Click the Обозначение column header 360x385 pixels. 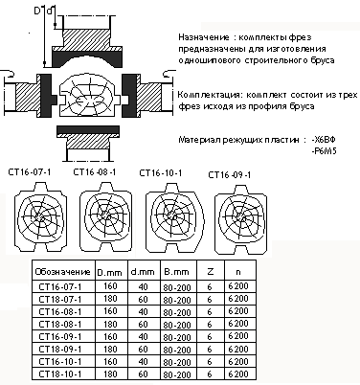click(62, 272)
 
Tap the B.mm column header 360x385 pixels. click(176, 272)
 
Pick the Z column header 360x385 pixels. click(210, 272)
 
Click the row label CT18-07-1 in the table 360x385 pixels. click(60, 299)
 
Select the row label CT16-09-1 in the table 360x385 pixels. click(60, 336)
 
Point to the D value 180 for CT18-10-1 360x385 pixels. click(110, 374)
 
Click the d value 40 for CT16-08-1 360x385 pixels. click(144, 311)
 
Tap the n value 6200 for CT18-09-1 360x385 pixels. click(238, 349)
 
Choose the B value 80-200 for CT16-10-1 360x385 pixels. click(177, 362)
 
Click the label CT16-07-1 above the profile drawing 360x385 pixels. click(30, 172)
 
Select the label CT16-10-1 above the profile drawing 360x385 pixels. click(161, 172)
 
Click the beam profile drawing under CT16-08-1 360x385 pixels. click(105, 216)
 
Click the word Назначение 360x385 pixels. click(204, 37)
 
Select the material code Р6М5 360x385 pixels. click(325, 150)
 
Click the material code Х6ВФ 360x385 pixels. click(325, 140)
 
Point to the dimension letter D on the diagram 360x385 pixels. click(38, 11)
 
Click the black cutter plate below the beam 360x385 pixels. click(88, 129)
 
